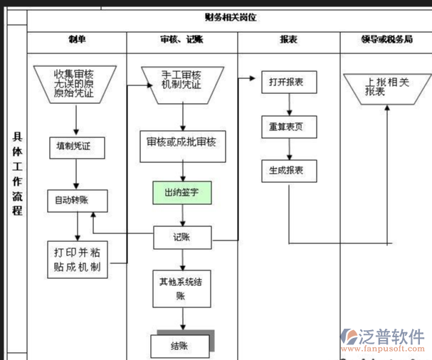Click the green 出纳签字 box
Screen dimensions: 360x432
point(182,192)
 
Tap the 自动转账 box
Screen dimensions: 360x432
point(77,201)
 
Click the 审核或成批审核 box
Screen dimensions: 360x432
point(181,142)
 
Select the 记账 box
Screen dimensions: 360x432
point(182,237)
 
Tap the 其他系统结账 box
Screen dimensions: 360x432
point(181,287)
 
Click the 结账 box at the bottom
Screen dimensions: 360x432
point(180,346)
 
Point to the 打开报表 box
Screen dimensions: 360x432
point(288,83)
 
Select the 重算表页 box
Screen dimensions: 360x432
point(288,127)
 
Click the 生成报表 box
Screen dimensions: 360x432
point(288,171)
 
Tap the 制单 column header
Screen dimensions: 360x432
point(77,40)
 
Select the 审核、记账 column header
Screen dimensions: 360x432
point(181,40)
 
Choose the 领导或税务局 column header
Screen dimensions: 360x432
point(386,40)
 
